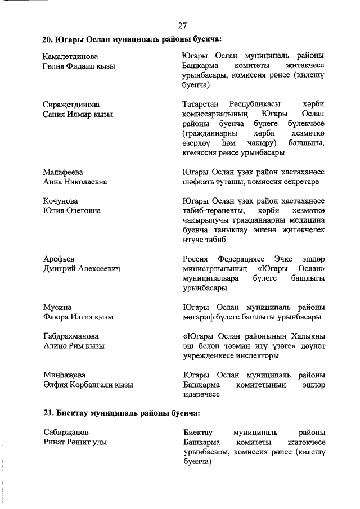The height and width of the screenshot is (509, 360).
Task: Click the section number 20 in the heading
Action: [47, 40]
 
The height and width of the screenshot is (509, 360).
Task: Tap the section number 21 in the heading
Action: [47, 413]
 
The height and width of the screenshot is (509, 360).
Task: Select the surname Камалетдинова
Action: [70, 57]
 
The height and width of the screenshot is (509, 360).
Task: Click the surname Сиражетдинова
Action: [71, 105]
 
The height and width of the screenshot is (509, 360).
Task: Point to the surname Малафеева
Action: [63, 172]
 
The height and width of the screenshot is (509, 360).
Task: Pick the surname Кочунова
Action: [61, 201]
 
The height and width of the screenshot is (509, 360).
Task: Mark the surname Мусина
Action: [57, 307]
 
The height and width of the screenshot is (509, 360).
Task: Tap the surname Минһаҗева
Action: [65, 375]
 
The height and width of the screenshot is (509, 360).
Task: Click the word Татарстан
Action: [202, 105]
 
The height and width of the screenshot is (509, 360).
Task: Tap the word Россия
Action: [196, 259]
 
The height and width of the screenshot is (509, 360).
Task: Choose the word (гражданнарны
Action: [210, 134]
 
